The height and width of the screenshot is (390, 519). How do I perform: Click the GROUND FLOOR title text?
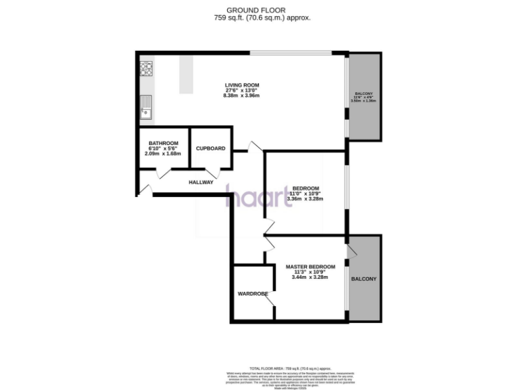click(259, 9)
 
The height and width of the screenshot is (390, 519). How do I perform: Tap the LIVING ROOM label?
click(242, 85)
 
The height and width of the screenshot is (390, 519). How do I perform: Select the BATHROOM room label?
click(163, 143)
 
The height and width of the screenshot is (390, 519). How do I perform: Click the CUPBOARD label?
click(210, 148)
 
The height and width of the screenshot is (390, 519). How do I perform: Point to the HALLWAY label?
click(201, 182)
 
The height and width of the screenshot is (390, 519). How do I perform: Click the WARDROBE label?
click(253, 294)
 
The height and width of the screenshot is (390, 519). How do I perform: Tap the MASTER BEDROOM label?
click(310, 267)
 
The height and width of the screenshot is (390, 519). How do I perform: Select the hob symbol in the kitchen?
click(146, 68)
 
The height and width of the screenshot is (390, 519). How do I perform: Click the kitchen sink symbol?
click(146, 108)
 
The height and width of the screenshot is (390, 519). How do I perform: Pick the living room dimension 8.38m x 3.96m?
click(241, 96)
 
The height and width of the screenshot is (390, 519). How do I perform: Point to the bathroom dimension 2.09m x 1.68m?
click(163, 153)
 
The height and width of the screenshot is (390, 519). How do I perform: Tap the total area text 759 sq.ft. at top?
click(259, 18)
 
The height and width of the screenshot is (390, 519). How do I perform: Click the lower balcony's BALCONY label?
click(364, 279)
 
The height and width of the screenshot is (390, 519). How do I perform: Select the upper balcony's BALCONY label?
click(364, 93)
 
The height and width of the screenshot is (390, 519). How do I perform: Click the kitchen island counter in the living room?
click(185, 74)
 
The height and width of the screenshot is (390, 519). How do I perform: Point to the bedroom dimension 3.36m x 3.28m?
click(305, 199)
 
